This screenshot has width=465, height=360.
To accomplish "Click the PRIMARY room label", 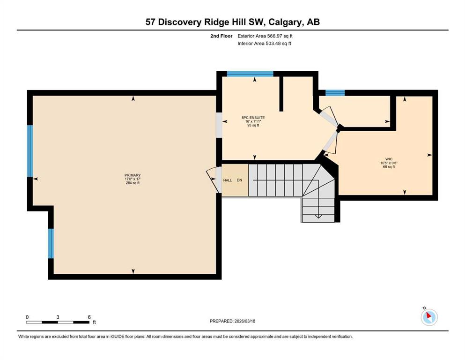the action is [x=133, y=175].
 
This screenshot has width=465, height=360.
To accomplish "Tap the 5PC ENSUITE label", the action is [x=253, y=118].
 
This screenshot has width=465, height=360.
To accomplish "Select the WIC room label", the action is [x=389, y=159].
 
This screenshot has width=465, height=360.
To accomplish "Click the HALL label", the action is [x=228, y=180].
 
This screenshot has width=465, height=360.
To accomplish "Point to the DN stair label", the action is [x=239, y=180].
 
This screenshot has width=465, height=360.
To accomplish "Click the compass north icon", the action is [x=429, y=317].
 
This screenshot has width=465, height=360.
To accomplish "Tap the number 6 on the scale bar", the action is [x=89, y=317].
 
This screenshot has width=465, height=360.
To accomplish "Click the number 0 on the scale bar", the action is [x=27, y=317].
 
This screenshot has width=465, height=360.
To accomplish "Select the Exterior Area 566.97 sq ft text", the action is [x=265, y=36].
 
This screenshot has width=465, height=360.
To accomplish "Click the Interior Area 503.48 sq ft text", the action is [x=264, y=43].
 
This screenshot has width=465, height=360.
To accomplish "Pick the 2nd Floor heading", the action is [x=221, y=36].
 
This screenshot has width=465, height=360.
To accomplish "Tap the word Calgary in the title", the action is [x=286, y=22].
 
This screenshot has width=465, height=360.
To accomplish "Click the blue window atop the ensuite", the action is [x=250, y=74].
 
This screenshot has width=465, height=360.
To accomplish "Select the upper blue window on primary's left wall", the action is [x=30, y=151].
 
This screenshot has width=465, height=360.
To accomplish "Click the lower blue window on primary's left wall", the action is [x=51, y=243].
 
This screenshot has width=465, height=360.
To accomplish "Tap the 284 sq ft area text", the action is [x=133, y=183].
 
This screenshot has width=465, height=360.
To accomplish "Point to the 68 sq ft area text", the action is [x=389, y=167].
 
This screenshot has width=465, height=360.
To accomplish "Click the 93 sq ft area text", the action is [x=253, y=125].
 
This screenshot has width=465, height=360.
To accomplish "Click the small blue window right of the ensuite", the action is [x=335, y=93].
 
